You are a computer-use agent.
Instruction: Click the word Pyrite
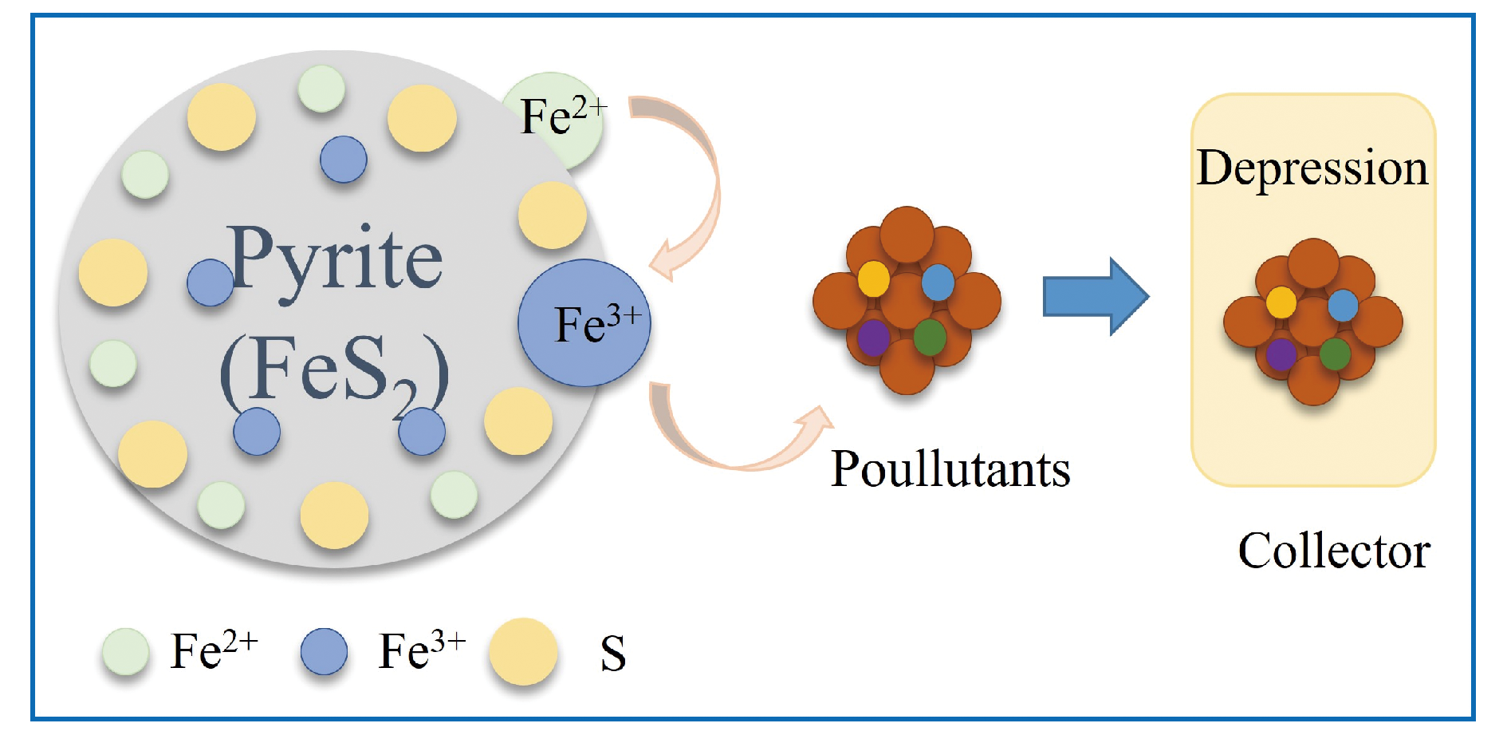coord(335,259)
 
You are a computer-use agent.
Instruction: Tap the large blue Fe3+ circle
coord(584,323)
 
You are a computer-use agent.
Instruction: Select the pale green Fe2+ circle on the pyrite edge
coord(552,120)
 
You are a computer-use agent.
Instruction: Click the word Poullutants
coord(950,468)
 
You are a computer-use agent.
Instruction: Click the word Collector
coord(1333,551)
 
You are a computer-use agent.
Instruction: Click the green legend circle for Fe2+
coord(125,652)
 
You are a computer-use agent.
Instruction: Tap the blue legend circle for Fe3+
coord(324,652)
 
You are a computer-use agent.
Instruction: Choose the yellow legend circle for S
coord(522,652)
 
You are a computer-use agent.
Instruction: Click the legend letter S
coord(612,654)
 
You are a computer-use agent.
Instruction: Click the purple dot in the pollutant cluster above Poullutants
coord(873,338)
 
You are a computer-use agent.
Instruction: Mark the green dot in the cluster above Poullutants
coord(929,337)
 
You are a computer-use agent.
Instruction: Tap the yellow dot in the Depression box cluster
coord(1281,302)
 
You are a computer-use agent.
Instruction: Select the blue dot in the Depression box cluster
coord(1343,305)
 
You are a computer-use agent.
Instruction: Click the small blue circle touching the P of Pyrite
coord(210,283)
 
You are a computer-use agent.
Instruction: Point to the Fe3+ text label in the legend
coord(421,650)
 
